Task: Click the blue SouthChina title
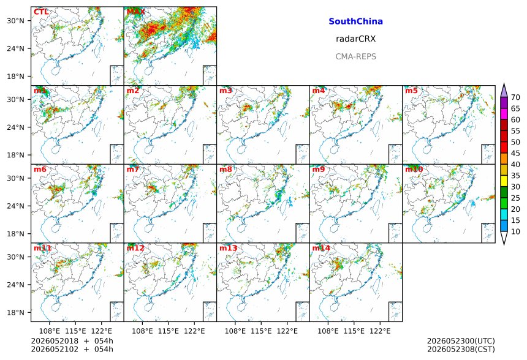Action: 355,21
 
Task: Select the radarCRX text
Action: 355,39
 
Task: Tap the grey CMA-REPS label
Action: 355,56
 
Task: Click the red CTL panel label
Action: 41,12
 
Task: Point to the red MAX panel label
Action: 136,12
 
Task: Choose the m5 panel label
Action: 411,91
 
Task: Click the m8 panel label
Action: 226,169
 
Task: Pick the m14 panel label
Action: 321,248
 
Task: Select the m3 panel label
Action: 226,91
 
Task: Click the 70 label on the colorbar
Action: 515,97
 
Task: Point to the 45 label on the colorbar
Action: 515,154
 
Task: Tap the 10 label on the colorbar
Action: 515,231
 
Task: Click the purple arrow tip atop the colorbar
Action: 504,84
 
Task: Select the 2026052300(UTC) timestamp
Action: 461,341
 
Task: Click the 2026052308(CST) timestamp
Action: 461,350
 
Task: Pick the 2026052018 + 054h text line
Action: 72,341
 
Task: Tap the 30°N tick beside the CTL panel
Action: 16,21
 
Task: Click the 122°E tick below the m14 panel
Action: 381,331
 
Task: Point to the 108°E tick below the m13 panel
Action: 235,331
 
